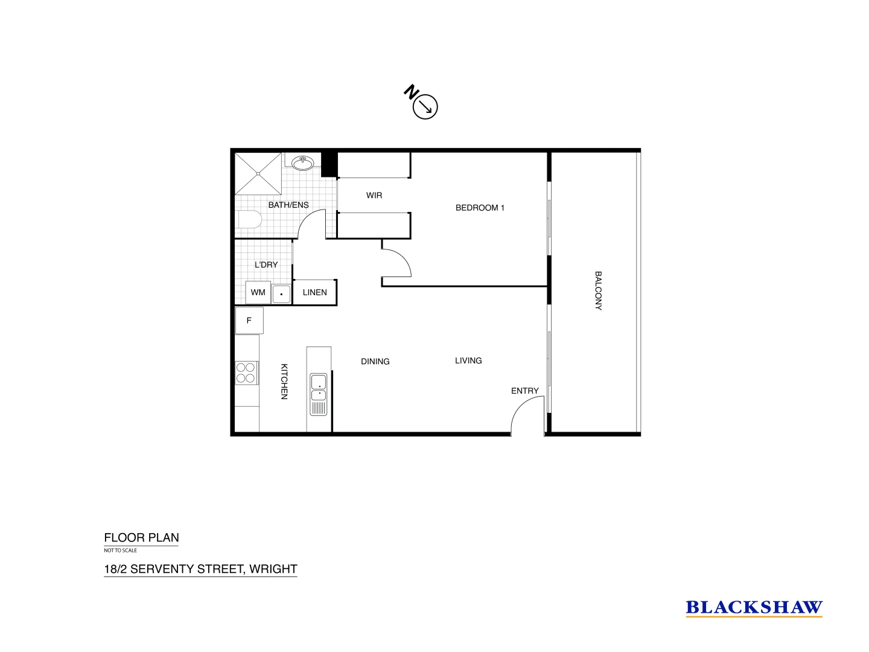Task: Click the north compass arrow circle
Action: point(425,107)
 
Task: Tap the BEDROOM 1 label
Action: point(480,208)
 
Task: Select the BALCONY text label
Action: point(598,290)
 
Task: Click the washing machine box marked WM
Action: point(258,293)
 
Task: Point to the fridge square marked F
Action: point(249,321)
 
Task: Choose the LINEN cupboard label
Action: point(314,292)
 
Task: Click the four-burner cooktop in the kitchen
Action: point(246,372)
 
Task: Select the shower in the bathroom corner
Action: point(258,174)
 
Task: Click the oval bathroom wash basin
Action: point(302,163)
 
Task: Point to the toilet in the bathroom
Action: point(249,219)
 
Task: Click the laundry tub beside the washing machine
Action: point(281,294)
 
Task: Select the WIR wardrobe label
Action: point(374,196)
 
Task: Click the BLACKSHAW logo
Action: point(754,607)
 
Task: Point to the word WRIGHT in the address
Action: point(273,569)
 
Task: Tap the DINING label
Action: point(375,362)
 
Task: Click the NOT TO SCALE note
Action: point(121,551)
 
